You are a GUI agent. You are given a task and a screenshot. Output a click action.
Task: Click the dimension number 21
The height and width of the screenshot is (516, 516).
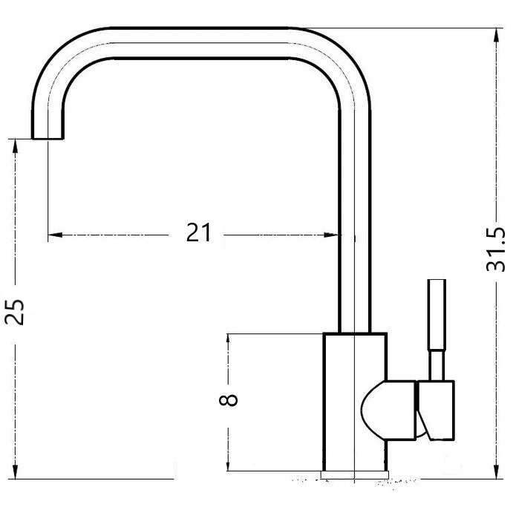tap(198, 232)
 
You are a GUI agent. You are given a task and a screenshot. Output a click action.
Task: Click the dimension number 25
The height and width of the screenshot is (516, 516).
tap(15, 312)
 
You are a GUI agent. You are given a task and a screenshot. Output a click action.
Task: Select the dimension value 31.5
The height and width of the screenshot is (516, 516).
tap(495, 249)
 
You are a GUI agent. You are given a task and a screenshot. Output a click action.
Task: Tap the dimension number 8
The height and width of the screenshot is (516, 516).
tap(228, 400)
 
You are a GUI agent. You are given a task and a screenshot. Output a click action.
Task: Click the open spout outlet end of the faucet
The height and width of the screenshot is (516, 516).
tap(48, 138)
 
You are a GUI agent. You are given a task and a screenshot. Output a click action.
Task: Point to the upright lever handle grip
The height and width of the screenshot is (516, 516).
tap(437, 315)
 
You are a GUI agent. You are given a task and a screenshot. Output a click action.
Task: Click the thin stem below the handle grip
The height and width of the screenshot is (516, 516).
tap(437, 365)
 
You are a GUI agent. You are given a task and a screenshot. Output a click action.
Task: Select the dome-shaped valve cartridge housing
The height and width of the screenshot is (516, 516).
tap(389, 410)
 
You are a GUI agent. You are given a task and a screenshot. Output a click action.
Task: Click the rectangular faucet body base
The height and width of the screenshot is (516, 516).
tap(355, 402)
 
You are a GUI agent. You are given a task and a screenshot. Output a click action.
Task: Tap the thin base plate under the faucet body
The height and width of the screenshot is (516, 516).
tap(355, 474)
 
